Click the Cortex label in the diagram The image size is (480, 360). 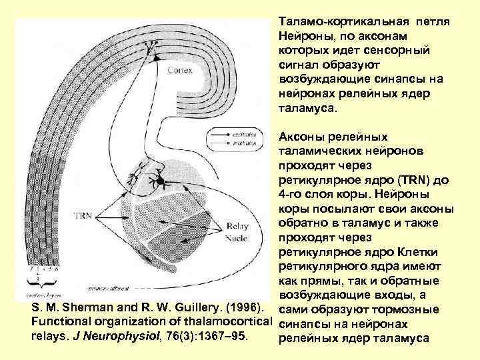pyautogui.click(x=180, y=69)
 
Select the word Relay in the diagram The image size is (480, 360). pyautogui.click(x=239, y=225)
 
